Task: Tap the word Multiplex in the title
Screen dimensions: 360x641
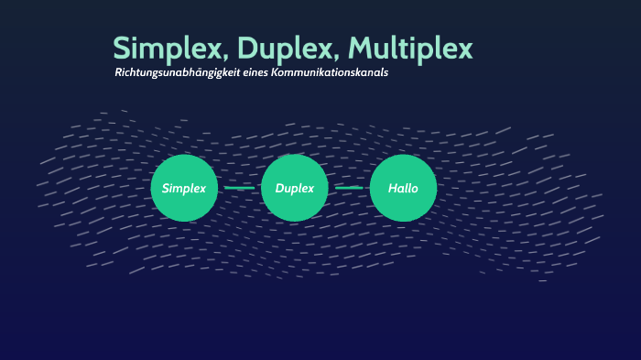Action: click(412, 49)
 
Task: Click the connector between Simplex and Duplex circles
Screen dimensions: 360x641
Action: click(239, 188)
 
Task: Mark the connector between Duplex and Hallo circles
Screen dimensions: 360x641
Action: click(349, 188)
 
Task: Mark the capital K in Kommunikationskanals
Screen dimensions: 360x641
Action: click(276, 73)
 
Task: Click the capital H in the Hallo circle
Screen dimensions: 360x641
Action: click(392, 188)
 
